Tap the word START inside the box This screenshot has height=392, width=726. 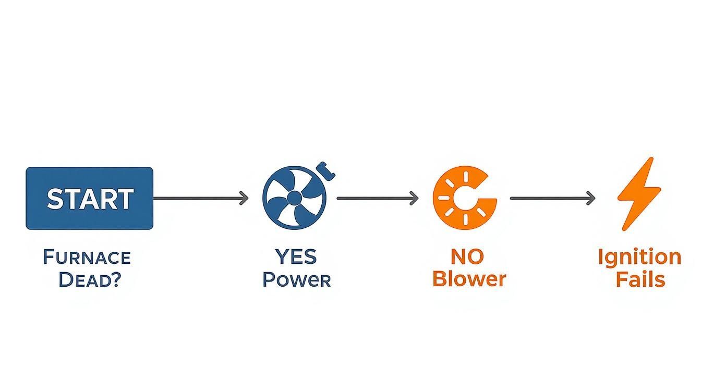point(90,199)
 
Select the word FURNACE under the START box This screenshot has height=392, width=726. point(87,257)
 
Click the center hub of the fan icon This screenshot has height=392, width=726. point(294,198)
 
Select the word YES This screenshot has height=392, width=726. point(296,256)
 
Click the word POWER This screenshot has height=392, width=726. point(296,280)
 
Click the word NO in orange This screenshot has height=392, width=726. point(466,256)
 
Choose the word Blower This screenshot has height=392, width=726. point(469,279)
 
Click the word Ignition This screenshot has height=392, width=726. point(639,257)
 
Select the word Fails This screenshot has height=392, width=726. point(640,279)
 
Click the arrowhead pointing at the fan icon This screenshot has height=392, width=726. point(244,198)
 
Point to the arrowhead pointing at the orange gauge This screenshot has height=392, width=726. point(414,198)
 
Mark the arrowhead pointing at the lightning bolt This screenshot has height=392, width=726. point(590,198)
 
